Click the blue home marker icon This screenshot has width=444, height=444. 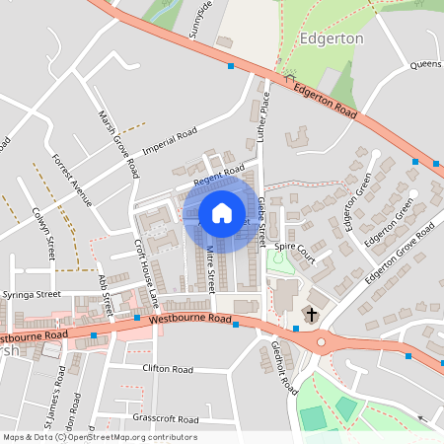pos(221,212)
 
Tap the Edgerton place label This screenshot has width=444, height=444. pos(331,38)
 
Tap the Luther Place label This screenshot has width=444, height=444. pos(263,116)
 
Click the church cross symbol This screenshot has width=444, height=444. pos(312,314)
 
